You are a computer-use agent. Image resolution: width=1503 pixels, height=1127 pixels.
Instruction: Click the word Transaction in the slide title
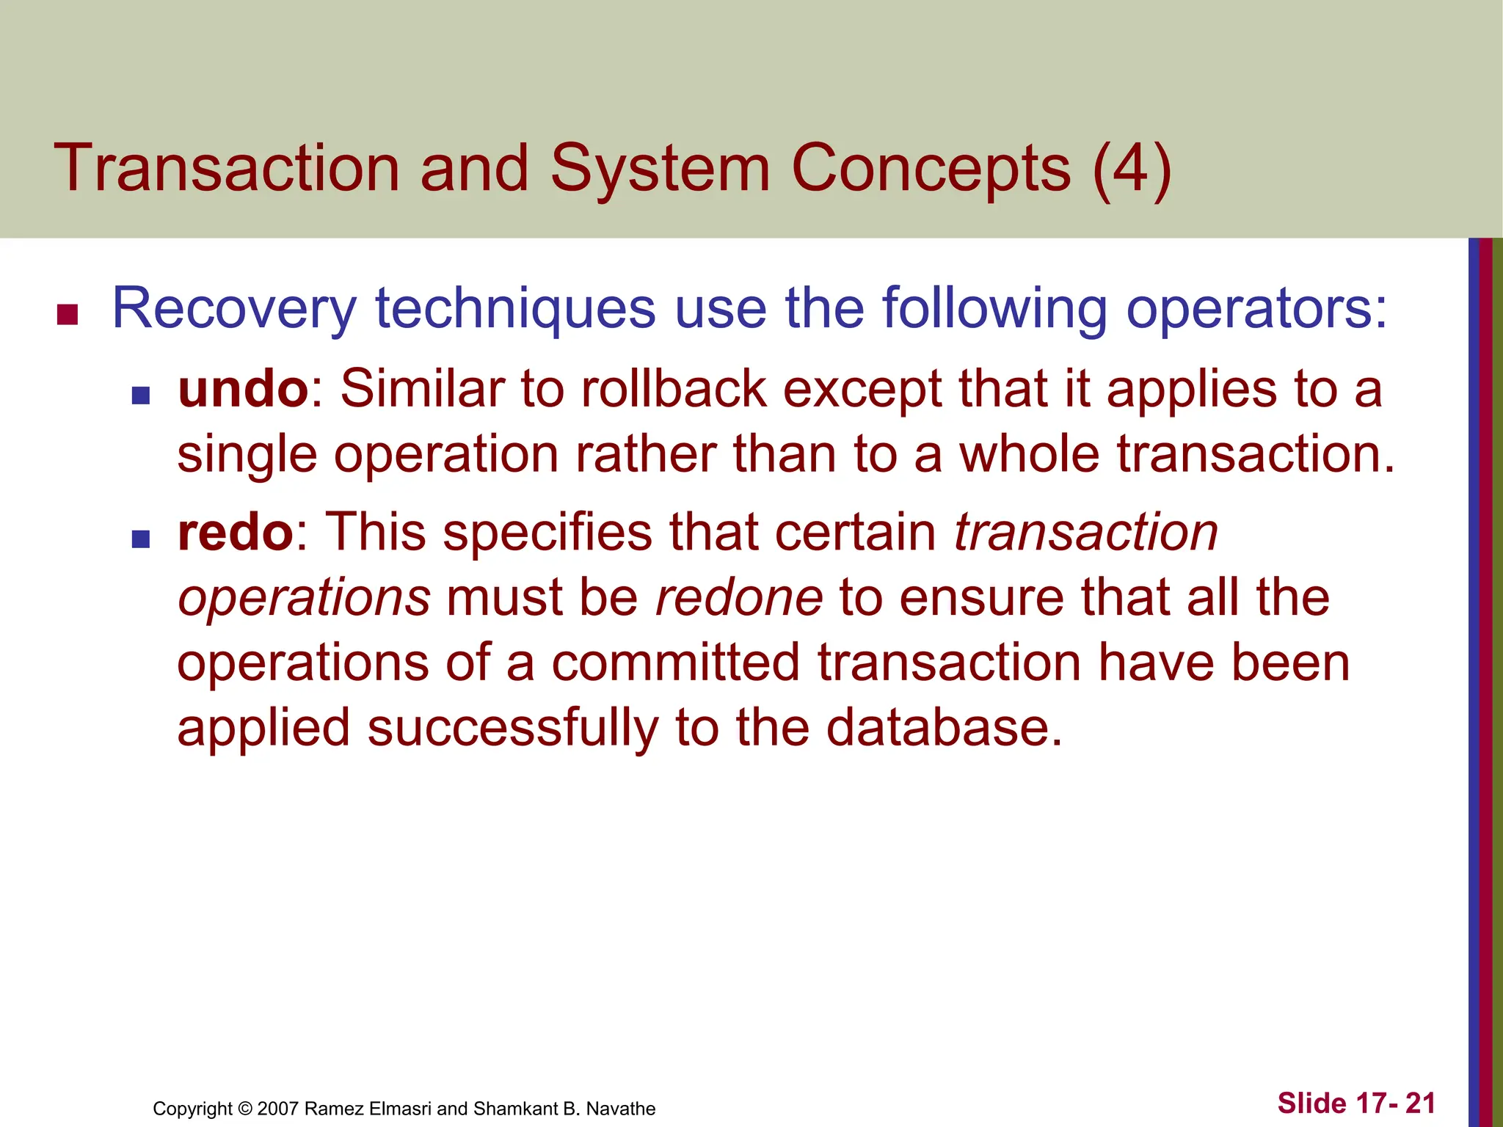click(226, 168)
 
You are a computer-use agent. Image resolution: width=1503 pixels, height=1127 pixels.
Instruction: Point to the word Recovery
click(234, 309)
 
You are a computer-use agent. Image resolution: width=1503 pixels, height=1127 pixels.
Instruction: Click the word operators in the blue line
click(1256, 309)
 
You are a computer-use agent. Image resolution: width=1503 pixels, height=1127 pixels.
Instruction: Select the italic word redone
click(739, 597)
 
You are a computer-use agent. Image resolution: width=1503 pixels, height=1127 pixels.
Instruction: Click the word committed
click(675, 663)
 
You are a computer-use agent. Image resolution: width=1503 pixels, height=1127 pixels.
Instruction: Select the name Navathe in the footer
click(620, 1109)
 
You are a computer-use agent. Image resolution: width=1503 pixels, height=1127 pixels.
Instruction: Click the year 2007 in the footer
click(278, 1109)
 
